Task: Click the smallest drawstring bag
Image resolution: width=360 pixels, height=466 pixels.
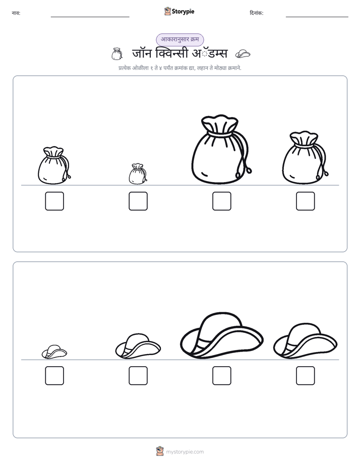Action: (x=138, y=174)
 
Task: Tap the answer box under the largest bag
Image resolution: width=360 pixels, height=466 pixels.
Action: (x=221, y=201)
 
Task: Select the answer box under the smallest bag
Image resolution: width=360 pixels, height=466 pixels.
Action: (x=138, y=201)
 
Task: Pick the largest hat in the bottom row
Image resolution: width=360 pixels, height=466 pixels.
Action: (x=221, y=335)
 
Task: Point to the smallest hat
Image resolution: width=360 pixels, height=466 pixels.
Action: (x=54, y=352)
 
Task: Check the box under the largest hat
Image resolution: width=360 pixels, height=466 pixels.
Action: (x=221, y=376)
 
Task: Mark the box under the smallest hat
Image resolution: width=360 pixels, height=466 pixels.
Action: (x=54, y=376)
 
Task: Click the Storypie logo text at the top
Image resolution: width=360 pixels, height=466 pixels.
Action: (x=183, y=12)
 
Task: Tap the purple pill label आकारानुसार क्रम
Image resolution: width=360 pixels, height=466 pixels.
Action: (x=180, y=39)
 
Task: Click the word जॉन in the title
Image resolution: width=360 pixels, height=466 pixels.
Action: (x=142, y=53)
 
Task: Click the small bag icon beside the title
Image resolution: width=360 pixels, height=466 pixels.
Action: (x=117, y=54)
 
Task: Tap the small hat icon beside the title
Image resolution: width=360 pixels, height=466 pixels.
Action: (x=243, y=54)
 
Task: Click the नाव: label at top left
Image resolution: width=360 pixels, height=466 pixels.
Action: (x=16, y=13)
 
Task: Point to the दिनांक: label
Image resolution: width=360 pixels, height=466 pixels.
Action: (x=257, y=13)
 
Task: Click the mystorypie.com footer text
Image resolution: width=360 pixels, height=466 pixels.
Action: (x=185, y=452)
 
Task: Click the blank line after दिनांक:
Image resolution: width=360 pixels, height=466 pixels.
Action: (x=317, y=17)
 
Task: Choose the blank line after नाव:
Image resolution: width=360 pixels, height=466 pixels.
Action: (x=90, y=17)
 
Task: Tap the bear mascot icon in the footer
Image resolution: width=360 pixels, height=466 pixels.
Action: (x=160, y=451)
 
